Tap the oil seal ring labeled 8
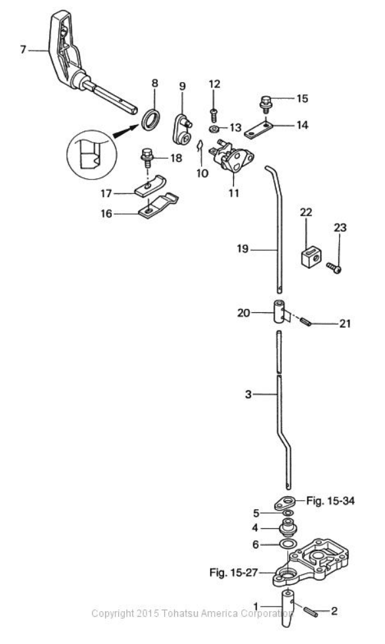(150, 119)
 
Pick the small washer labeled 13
(214, 129)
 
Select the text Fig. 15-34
(330, 501)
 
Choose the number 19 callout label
(242, 248)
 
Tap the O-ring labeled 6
(287, 545)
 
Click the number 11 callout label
(234, 193)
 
